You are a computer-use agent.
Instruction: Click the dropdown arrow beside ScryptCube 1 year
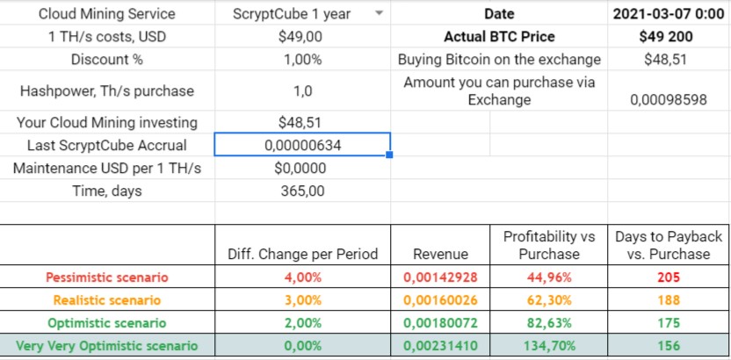379,14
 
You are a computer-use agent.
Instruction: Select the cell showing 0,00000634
302,146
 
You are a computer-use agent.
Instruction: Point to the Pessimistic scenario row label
109,277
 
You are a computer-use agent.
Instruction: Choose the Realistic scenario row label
109,300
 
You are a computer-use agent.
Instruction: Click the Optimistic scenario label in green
109,323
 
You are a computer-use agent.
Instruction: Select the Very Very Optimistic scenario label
109,346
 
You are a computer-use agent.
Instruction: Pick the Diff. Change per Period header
302,254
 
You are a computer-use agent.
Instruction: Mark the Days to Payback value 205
669,277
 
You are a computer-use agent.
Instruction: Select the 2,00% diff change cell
302,323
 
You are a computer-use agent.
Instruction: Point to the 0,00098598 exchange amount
669,100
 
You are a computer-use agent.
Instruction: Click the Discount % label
109,60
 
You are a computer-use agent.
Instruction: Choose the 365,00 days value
302,191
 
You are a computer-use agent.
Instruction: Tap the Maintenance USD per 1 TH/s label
109,168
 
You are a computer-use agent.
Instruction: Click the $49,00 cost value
302,37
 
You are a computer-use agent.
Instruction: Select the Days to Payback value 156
669,346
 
